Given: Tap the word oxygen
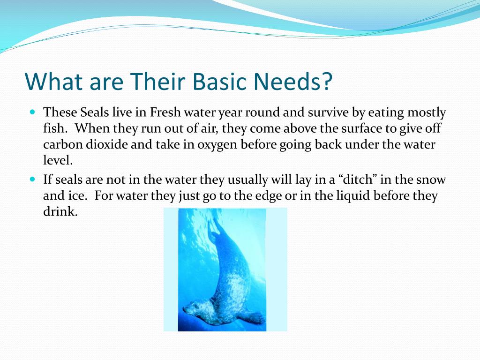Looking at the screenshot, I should pyautogui.click(x=217, y=145).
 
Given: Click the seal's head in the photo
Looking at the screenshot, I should pyautogui.click(x=195, y=308).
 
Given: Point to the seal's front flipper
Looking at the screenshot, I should pyautogui.click(x=251, y=317).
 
